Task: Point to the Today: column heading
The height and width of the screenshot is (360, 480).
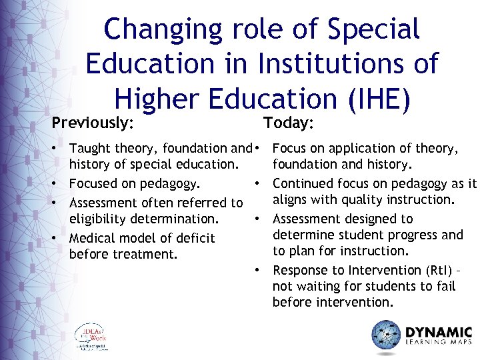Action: pos(289,123)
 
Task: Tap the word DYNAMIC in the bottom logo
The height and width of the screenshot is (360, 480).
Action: pos(439,331)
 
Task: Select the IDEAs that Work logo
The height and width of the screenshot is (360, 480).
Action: pos(91,337)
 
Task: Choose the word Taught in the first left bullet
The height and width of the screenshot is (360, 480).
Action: pos(89,148)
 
